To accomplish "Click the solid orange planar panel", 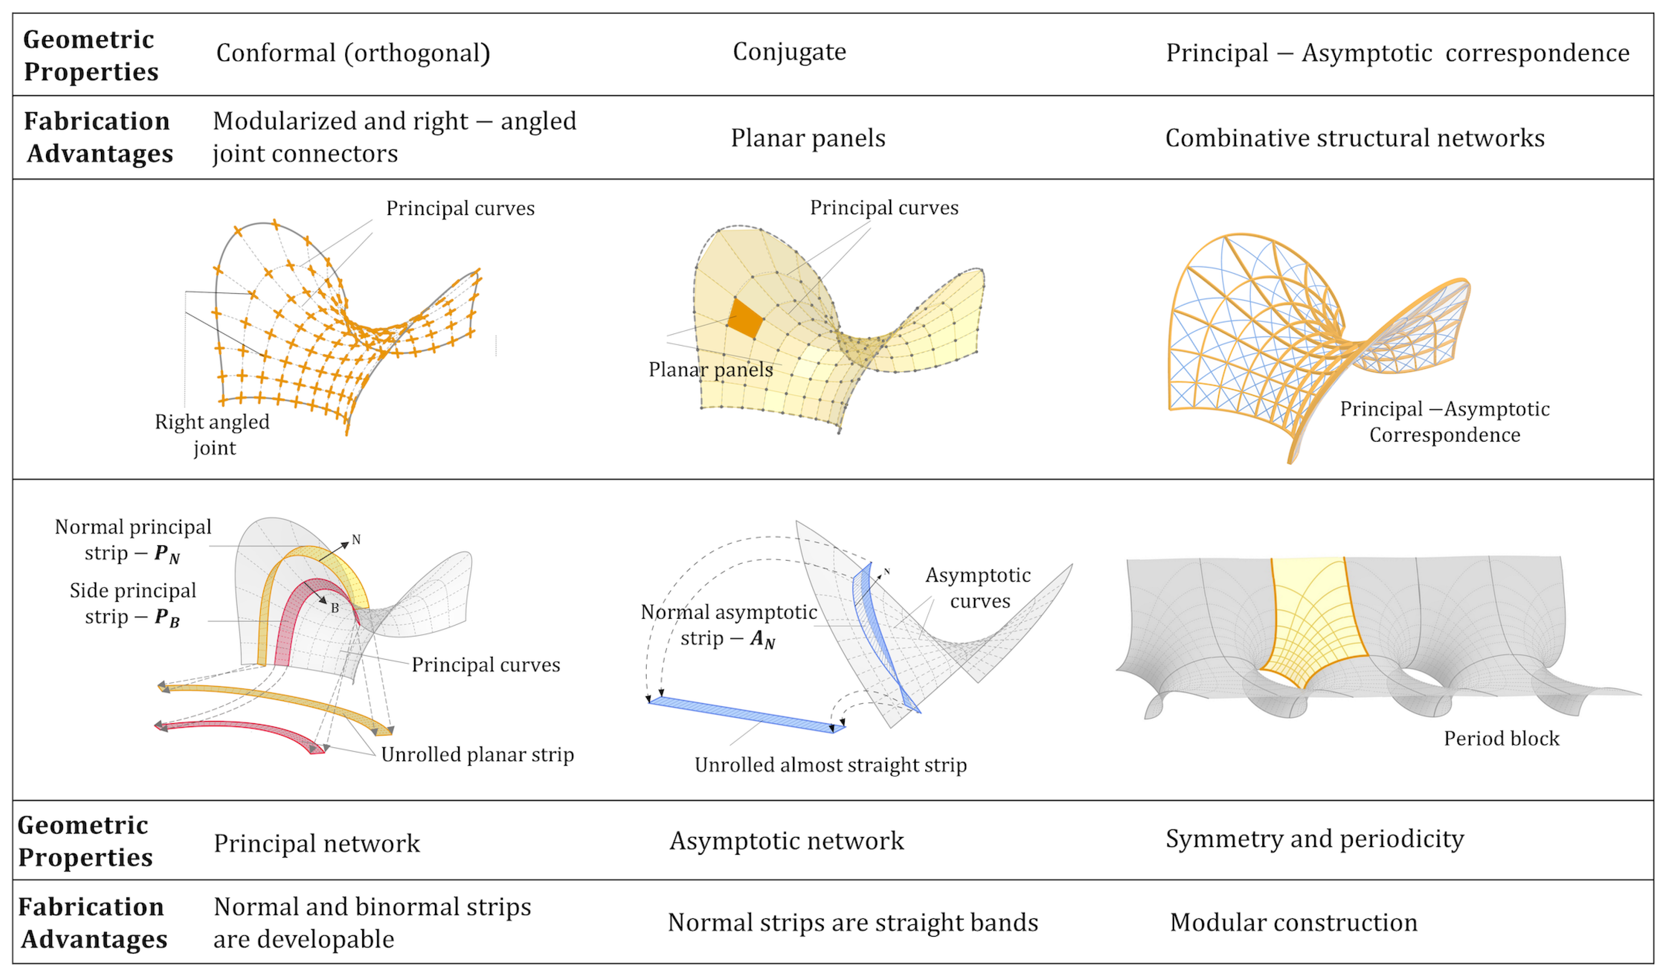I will [745, 319].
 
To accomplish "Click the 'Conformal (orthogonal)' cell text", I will [353, 53].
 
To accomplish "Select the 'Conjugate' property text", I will [790, 52].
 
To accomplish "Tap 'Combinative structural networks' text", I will [1355, 138].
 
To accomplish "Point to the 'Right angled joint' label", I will [212, 434].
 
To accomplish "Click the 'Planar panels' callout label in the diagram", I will [711, 369].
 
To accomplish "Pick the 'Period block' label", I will [1501, 738].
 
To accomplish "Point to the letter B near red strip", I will [335, 608].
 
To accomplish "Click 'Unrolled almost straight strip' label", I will [831, 765].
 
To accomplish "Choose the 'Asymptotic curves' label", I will [979, 588].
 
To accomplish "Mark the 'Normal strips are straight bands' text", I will [853, 922].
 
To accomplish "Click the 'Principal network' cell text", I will [317, 844].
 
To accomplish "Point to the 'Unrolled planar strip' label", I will [477, 754].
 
